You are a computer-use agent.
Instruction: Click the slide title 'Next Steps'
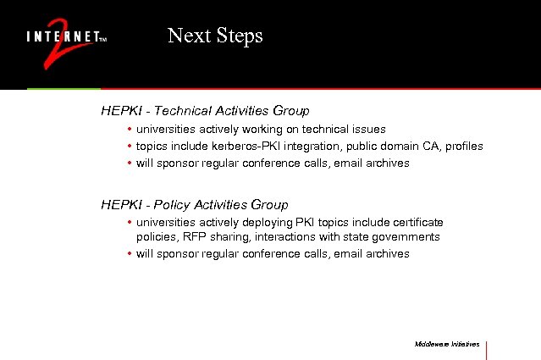[x=215, y=36]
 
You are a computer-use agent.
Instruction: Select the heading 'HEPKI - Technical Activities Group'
[x=205, y=111]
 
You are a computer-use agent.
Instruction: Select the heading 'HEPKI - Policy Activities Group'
[x=194, y=205]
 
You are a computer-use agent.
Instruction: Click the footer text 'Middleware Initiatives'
[x=447, y=345]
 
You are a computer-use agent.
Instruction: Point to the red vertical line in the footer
[x=487, y=349]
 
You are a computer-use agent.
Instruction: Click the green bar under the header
[x=63, y=88]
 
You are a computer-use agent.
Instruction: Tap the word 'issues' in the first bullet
[x=369, y=130]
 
